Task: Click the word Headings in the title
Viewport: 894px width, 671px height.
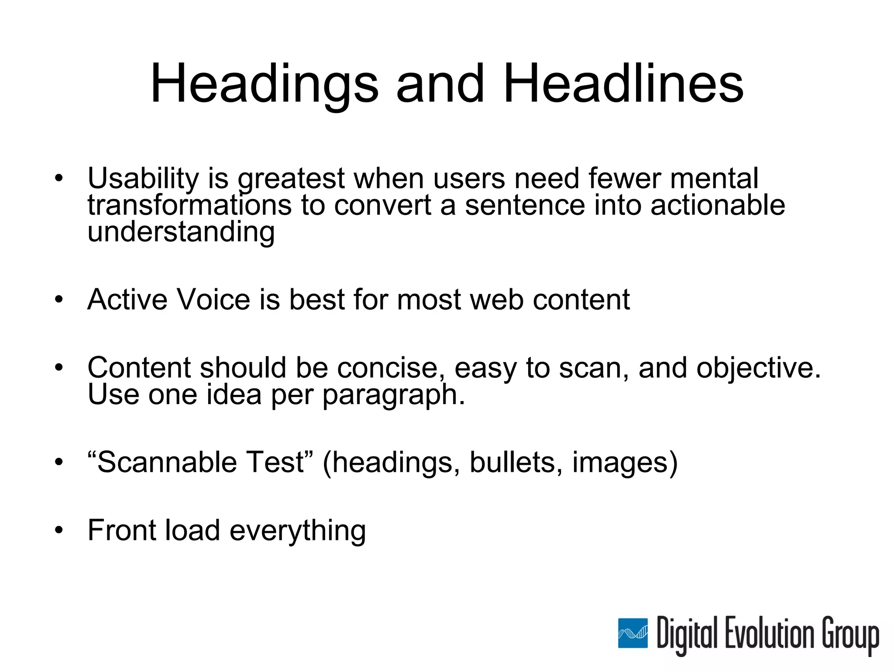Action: pyautogui.click(x=264, y=84)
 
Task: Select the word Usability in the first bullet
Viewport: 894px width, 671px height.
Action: pyautogui.click(x=143, y=179)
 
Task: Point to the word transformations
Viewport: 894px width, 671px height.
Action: pyautogui.click(x=189, y=205)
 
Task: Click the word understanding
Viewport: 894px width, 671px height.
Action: pyautogui.click(x=181, y=232)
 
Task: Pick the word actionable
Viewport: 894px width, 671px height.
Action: pyautogui.click(x=718, y=205)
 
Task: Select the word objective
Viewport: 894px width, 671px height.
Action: pyautogui.click(x=758, y=368)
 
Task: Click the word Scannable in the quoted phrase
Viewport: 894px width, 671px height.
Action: pyautogui.click(x=166, y=462)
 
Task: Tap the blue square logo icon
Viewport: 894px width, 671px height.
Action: pyautogui.click(x=633, y=633)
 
